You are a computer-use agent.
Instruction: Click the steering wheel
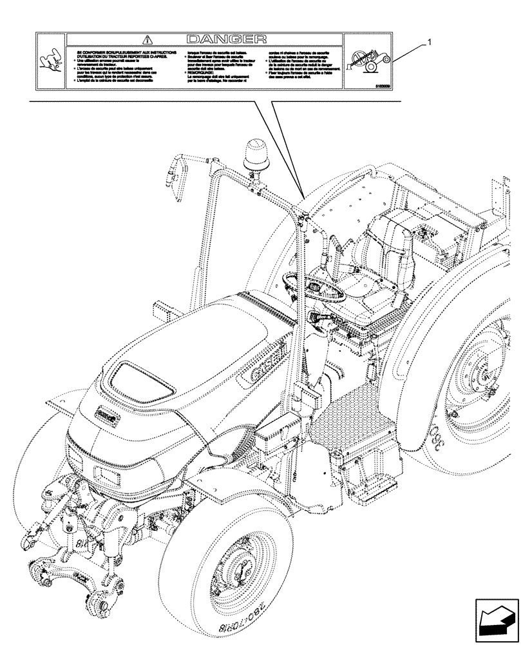pyautogui.click(x=315, y=284)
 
